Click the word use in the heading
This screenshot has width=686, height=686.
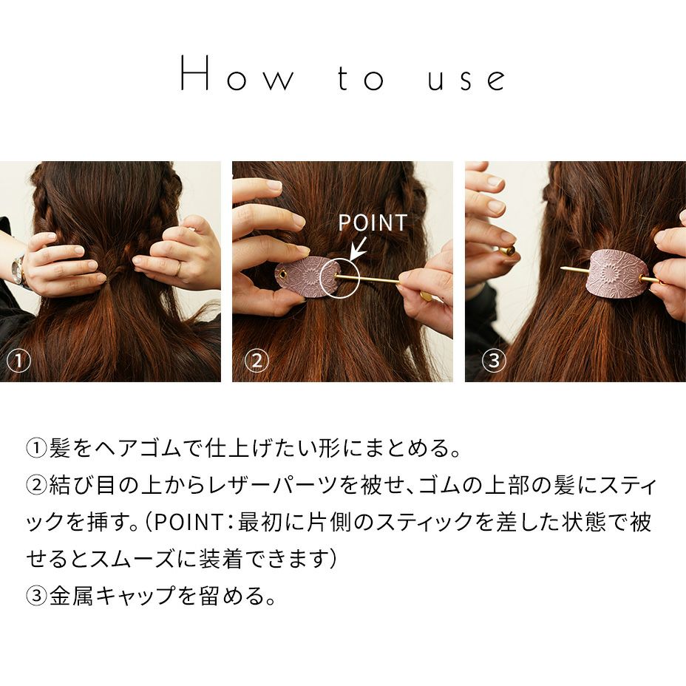[x=466, y=79]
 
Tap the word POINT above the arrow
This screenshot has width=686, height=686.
[x=373, y=223]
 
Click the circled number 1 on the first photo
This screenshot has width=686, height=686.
[x=18, y=361]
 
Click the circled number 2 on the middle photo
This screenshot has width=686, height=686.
[x=257, y=361]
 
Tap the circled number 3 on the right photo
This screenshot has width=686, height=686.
[x=494, y=361]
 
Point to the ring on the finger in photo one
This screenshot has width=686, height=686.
[x=178, y=268]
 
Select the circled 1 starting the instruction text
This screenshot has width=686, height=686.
[x=37, y=448]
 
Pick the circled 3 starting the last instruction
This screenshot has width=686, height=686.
[x=37, y=595]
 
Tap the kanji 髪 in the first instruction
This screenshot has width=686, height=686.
[x=60, y=448]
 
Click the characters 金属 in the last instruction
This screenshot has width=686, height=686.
[x=71, y=595]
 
